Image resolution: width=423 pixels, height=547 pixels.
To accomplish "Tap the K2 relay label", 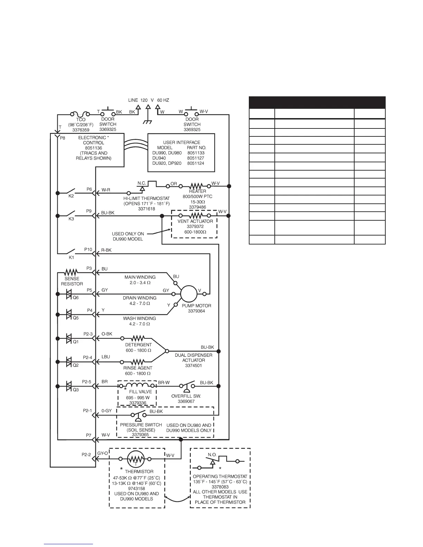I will [x=71, y=196].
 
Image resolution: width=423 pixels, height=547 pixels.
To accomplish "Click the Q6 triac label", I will [x=75, y=297].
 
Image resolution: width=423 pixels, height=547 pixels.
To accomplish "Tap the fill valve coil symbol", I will [x=138, y=385].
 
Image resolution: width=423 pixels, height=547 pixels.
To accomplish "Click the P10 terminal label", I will [x=88, y=249].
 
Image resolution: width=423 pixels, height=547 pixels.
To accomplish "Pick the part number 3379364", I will [x=196, y=311].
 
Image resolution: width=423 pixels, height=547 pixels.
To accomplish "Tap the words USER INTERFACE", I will [x=181, y=142].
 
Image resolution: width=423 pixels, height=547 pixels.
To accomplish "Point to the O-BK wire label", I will [x=107, y=334].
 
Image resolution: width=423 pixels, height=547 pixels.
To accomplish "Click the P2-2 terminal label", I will [x=86, y=454].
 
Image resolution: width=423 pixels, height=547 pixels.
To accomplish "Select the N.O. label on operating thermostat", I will [x=212, y=454].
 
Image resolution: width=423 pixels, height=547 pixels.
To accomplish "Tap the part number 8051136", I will [x=93, y=148].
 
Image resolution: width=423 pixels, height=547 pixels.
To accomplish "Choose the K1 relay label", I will [x=71, y=257].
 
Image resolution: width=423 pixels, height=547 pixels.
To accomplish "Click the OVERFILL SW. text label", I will [x=186, y=396].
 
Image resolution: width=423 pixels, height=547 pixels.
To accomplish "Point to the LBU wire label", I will [x=106, y=357].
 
